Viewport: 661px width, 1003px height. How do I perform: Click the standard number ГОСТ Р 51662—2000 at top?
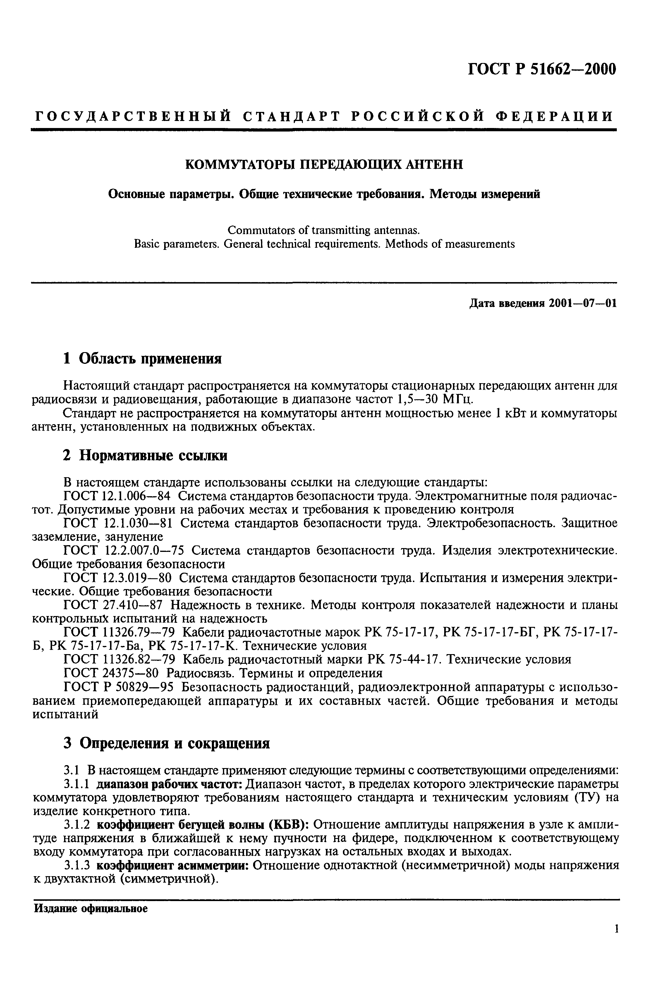click(542, 69)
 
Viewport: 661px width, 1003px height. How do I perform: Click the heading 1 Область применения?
click(142, 359)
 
